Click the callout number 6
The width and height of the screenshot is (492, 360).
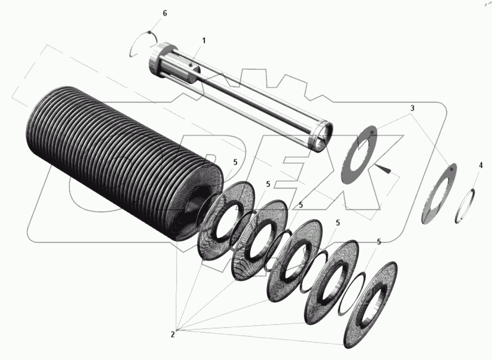tap(165, 14)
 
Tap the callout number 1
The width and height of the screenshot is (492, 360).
tap(204, 41)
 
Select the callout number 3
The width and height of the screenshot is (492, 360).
tap(412, 108)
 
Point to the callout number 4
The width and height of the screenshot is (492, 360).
tap(480, 165)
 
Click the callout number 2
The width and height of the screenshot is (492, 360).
tap(173, 335)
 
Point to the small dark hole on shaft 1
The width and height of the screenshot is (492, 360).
tap(190, 65)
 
